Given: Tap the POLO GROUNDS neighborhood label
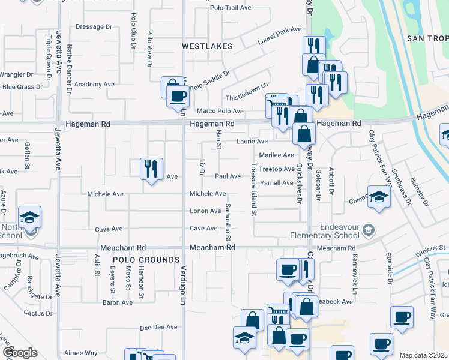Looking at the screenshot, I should [x=146, y=260].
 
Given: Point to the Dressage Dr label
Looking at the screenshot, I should [x=94, y=27].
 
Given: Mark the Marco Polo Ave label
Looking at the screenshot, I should [x=220, y=111].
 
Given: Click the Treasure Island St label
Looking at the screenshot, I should [x=254, y=188].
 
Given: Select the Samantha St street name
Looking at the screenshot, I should [x=228, y=222].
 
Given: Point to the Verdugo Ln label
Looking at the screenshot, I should [x=184, y=284].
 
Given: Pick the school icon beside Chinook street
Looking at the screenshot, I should [x=378, y=198].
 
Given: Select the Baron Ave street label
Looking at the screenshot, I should [x=118, y=302].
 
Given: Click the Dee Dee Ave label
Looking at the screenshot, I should [x=158, y=328].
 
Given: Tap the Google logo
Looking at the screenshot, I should [x=20, y=353].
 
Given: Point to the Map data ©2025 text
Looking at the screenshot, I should [x=423, y=355].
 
